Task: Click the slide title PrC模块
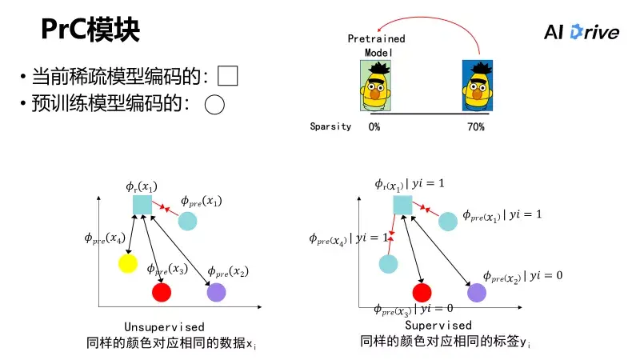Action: (90, 31)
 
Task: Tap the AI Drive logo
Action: (581, 32)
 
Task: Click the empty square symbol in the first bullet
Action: (228, 76)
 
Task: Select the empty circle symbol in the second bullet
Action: (214, 104)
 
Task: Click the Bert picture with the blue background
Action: (478, 85)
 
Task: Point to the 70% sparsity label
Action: (475, 126)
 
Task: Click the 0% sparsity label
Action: (374, 126)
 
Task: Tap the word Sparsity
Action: (330, 126)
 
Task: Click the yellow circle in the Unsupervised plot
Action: (127, 262)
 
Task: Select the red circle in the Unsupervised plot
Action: (162, 292)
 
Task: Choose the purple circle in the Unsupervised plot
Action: (216, 292)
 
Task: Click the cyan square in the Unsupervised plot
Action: (142, 205)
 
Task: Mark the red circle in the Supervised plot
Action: (422, 292)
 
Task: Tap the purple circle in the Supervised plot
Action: (476, 292)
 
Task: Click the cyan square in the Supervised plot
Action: (402, 205)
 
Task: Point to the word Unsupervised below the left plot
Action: (164, 327)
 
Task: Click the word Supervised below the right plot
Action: (438, 326)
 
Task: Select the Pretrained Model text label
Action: (376, 45)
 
